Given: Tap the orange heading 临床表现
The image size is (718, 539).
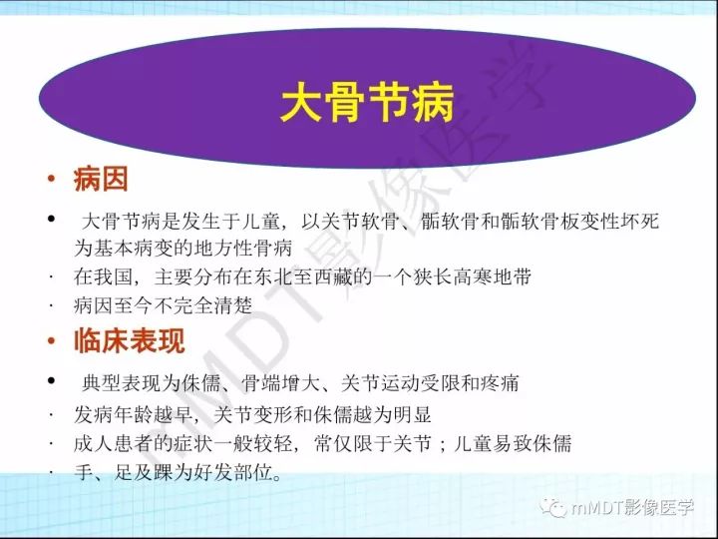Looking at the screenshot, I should click(129, 341).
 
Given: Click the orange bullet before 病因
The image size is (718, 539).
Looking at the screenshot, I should click(50, 182).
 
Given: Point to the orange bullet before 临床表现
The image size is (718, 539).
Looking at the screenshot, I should click(50, 342).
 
